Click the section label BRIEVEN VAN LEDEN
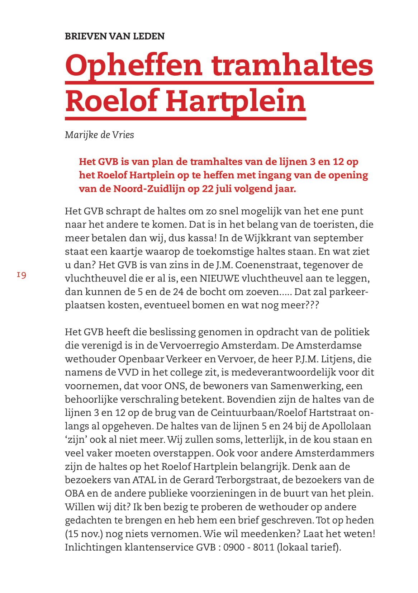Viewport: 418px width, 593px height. coord(114,36)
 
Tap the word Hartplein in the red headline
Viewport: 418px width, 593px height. coord(236,101)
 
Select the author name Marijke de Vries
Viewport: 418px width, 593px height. coord(99,135)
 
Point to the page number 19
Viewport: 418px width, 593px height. coord(21,275)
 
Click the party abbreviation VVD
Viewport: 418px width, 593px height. coord(128,373)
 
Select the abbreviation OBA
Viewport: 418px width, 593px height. coord(75,494)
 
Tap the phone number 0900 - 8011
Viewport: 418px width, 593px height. coord(248,547)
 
